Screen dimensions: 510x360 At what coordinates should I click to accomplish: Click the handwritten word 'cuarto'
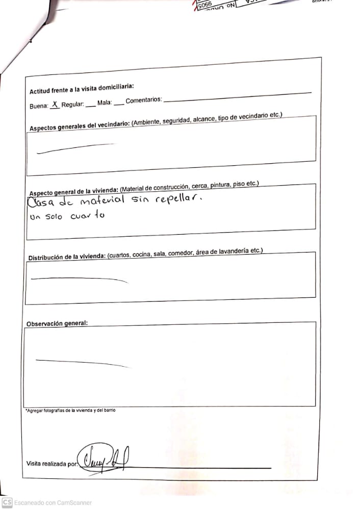point(87,216)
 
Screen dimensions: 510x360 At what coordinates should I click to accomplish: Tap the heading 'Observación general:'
point(57,323)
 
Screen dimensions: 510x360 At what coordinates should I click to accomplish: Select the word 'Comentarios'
point(144,100)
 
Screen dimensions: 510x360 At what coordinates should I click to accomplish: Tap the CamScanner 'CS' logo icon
point(7,502)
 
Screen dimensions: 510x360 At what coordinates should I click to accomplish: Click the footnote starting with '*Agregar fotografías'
point(70,410)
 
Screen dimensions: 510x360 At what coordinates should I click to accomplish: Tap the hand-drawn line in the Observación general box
point(82,363)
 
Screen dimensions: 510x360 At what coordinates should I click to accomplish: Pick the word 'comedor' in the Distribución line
point(182,253)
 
